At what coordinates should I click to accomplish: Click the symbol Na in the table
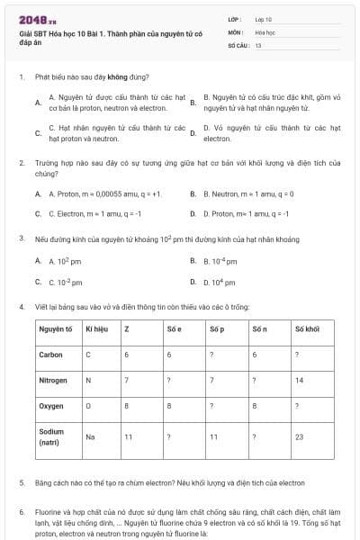coord(90,436)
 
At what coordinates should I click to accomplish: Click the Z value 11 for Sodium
coord(129,436)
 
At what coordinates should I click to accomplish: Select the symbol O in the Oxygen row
coord(88,407)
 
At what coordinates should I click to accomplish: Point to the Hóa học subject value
coord(265,31)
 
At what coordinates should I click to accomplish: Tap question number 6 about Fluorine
coord(21,512)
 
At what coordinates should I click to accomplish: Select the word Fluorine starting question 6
coord(49,512)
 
